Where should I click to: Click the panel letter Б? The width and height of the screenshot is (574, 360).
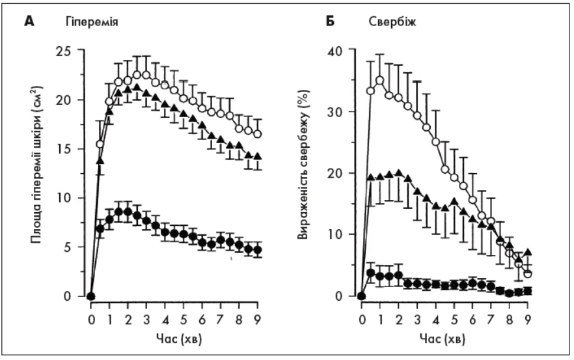(330, 20)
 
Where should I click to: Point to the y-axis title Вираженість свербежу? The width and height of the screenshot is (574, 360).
(303, 173)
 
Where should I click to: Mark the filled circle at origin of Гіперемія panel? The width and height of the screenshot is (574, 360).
(91, 296)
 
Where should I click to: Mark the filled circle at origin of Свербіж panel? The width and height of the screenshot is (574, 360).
(362, 296)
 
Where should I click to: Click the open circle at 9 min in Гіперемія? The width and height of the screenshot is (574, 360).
(258, 134)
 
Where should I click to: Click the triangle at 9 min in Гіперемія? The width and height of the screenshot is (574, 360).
(258, 157)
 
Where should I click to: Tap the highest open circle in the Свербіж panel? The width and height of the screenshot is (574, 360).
(380, 80)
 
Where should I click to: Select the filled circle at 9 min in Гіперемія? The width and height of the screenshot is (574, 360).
(258, 250)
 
